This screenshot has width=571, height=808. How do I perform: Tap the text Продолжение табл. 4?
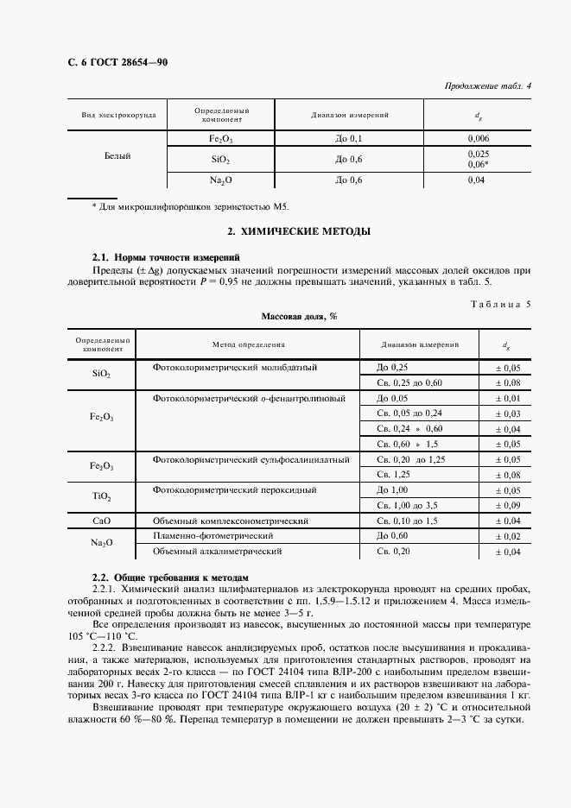click(x=487, y=85)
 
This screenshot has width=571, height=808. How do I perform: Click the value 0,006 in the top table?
click(x=479, y=138)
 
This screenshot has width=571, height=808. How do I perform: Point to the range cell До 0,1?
click(x=350, y=138)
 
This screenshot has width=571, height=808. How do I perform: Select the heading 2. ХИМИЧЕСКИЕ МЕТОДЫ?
click(x=286, y=232)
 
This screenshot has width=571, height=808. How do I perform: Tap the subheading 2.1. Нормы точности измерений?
click(x=166, y=257)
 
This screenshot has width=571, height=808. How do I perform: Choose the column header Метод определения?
click(x=249, y=344)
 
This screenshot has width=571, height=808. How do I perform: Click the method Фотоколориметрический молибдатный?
click(x=235, y=368)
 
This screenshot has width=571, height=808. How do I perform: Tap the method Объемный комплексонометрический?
click(x=231, y=521)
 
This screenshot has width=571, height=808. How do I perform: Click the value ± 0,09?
click(x=506, y=506)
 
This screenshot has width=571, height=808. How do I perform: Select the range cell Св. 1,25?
click(x=393, y=475)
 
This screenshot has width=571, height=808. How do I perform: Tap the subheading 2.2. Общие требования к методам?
click(x=170, y=577)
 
